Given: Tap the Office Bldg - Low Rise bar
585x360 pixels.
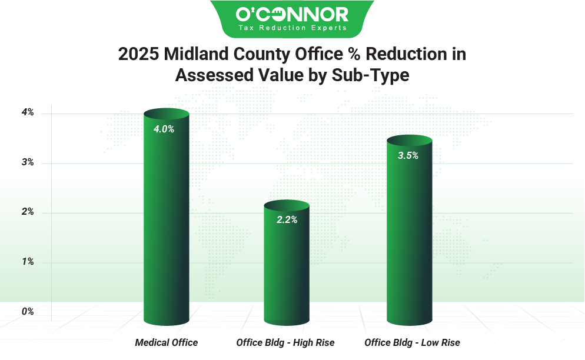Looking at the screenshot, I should (410, 235).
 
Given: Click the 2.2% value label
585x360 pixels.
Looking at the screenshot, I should (287, 220).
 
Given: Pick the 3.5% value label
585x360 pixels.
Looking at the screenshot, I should (408, 156).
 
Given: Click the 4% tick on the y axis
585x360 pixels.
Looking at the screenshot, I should (28, 112).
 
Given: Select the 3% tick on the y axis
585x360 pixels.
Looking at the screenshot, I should (28, 162).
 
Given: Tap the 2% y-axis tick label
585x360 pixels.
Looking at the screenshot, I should (28, 212).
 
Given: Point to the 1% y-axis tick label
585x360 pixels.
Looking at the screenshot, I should (28, 262).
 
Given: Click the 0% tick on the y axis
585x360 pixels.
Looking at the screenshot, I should (28, 312).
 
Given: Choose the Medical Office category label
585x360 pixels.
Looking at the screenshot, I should (167, 342).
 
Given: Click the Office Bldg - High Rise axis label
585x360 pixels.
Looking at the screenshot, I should (285, 342).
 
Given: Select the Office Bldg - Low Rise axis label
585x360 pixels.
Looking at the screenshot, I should (412, 342).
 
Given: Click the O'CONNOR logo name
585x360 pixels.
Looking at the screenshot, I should (292, 14).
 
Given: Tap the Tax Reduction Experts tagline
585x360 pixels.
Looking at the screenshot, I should (292, 28).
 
